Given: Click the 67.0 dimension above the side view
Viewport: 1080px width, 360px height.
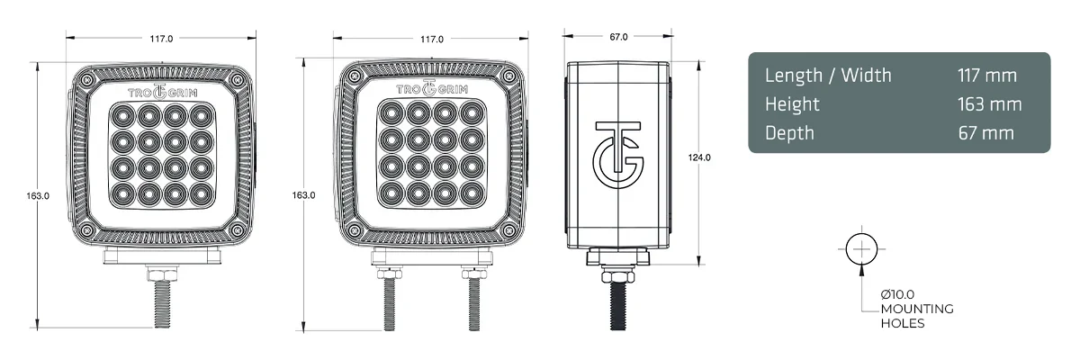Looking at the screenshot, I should pyautogui.click(x=618, y=37).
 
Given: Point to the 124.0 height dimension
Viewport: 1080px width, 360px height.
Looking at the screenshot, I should pyautogui.click(x=700, y=157).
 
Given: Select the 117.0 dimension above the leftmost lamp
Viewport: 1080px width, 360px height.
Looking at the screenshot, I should pyautogui.click(x=161, y=39).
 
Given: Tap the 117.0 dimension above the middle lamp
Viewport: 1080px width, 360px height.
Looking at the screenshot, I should pyautogui.click(x=431, y=39).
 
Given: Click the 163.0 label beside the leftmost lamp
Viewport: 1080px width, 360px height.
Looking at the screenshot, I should pyautogui.click(x=38, y=195).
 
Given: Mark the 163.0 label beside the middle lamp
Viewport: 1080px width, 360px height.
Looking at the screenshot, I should pyautogui.click(x=304, y=195).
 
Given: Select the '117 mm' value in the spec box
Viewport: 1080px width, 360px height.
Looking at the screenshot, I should pyautogui.click(x=987, y=75).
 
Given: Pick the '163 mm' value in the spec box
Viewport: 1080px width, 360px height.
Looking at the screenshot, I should pyautogui.click(x=990, y=104).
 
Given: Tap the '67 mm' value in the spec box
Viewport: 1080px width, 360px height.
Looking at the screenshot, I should pyautogui.click(x=986, y=133).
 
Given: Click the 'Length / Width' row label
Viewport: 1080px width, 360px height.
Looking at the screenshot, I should pyautogui.click(x=828, y=75).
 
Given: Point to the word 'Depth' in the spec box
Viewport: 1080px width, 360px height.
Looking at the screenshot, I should pyautogui.click(x=789, y=133).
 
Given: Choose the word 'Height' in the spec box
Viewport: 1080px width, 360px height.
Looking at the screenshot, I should pyautogui.click(x=792, y=104).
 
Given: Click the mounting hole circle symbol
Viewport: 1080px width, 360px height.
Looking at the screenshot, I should pyautogui.click(x=861, y=248).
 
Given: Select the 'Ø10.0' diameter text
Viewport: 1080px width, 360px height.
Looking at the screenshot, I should pyautogui.click(x=898, y=295).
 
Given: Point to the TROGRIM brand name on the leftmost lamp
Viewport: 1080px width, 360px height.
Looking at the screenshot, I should pyautogui.click(x=161, y=92).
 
